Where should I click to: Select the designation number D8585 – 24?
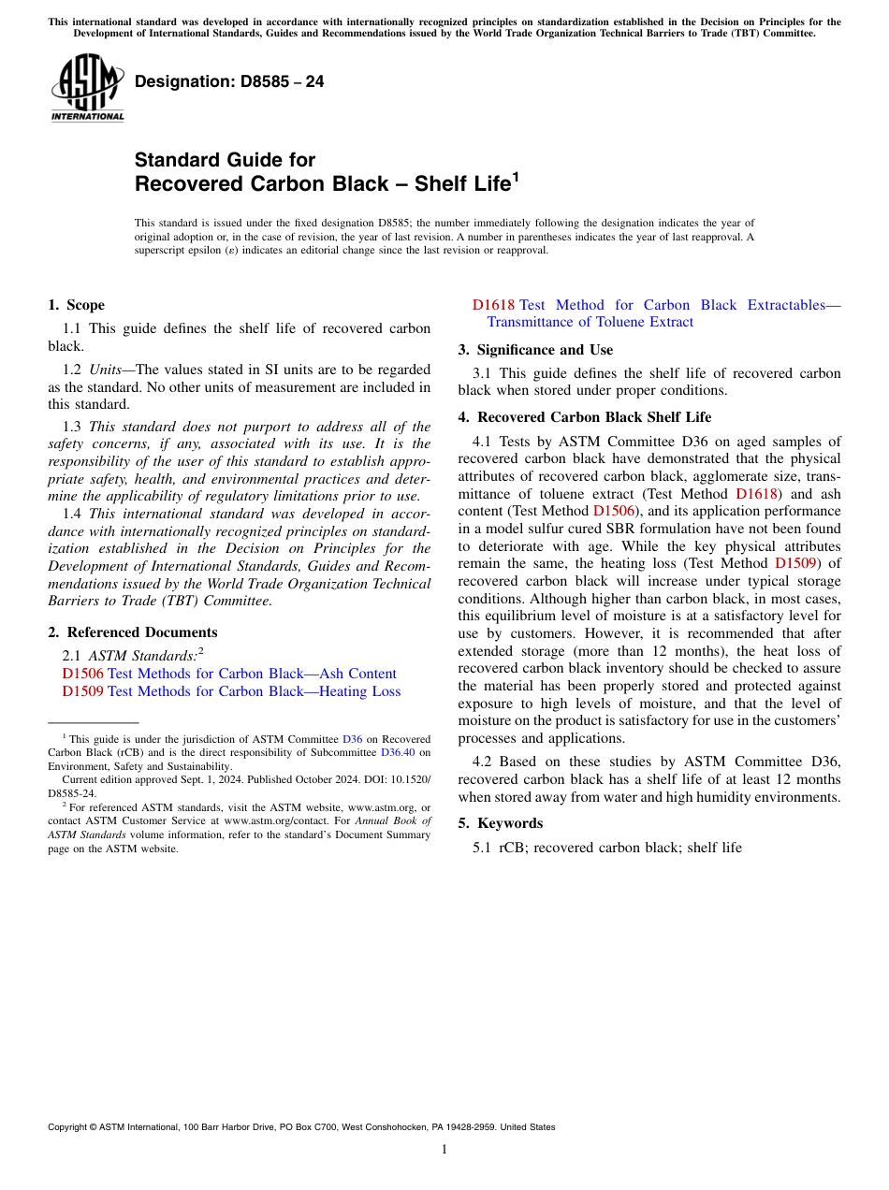click(x=229, y=81)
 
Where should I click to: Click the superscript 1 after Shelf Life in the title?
click(x=515, y=176)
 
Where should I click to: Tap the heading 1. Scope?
click(x=76, y=305)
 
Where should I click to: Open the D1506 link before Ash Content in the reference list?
click(x=82, y=674)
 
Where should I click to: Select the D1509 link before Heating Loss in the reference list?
click(x=82, y=691)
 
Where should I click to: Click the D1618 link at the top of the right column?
click(x=493, y=305)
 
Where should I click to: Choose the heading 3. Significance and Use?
click(x=535, y=350)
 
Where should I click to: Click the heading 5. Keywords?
click(x=500, y=823)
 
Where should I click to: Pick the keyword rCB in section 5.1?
click(x=511, y=848)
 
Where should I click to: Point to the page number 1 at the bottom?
click(x=444, y=1149)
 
